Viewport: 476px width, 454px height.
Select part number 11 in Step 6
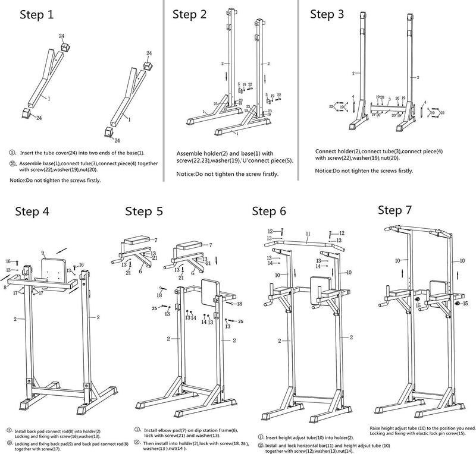(308, 234)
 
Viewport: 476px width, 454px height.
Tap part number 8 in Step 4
(5, 286)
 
